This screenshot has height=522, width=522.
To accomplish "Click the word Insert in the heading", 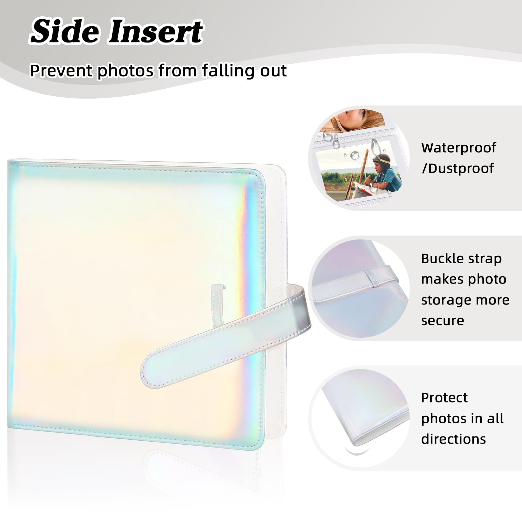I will tap(156, 31).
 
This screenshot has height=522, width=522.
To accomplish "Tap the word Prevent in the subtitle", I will tap(61, 71).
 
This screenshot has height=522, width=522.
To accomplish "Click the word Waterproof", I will tap(458, 148).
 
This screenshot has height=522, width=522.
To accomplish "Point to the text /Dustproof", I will tap(458, 169).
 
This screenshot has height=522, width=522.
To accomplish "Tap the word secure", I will tap(442, 321).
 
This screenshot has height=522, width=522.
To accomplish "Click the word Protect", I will tap(444, 398).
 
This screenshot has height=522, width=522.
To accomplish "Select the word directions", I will tap(453, 439).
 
